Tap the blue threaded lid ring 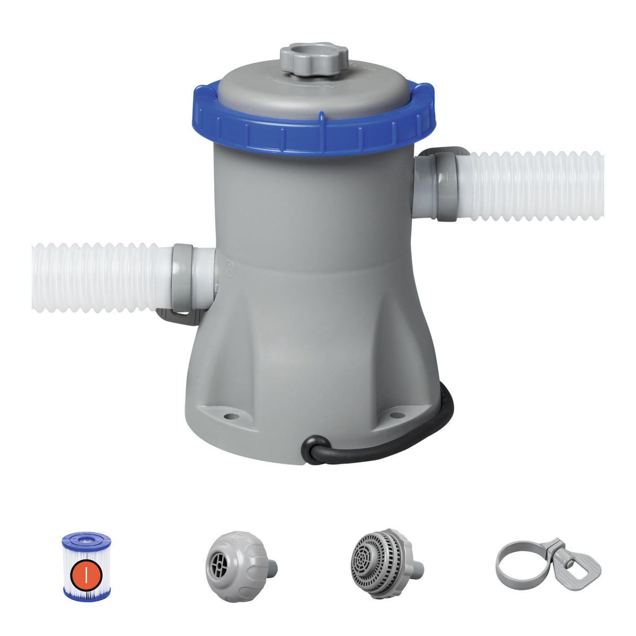[x=318, y=132]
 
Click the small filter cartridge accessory [x=86, y=567]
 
